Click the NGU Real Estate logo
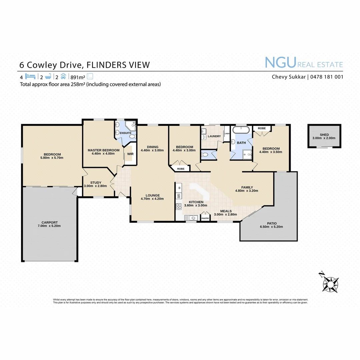click(x=304, y=63)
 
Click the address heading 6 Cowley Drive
click(x=52, y=65)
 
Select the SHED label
click(x=324, y=135)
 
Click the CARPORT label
click(x=50, y=222)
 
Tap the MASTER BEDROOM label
click(x=103, y=150)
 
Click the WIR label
click(x=130, y=154)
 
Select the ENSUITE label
click(x=126, y=133)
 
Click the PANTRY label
click(x=205, y=219)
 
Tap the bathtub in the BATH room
click(x=241, y=129)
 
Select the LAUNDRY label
click(x=214, y=136)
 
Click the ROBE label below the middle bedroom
click(x=181, y=169)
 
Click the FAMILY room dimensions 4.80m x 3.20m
click(x=247, y=191)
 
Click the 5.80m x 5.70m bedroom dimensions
click(x=52, y=158)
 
